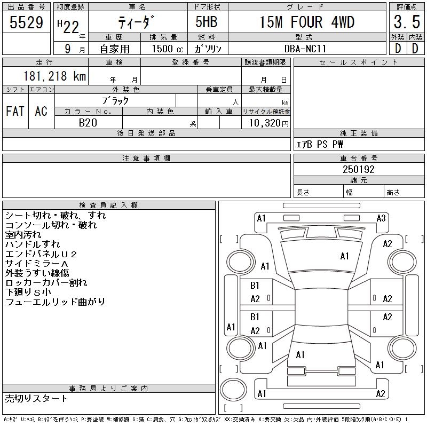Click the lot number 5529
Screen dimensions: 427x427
tap(26, 22)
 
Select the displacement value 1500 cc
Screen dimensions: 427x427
tap(163, 49)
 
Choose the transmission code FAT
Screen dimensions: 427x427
tap(15, 112)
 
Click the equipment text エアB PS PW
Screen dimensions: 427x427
tap(320, 145)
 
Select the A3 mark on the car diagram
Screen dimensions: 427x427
tap(381, 218)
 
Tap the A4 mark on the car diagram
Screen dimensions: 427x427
tap(344, 256)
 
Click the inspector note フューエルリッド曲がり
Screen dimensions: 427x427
tap(56, 302)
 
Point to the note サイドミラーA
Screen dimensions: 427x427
tap(37, 264)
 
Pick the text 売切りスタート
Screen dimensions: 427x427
tap(37, 399)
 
